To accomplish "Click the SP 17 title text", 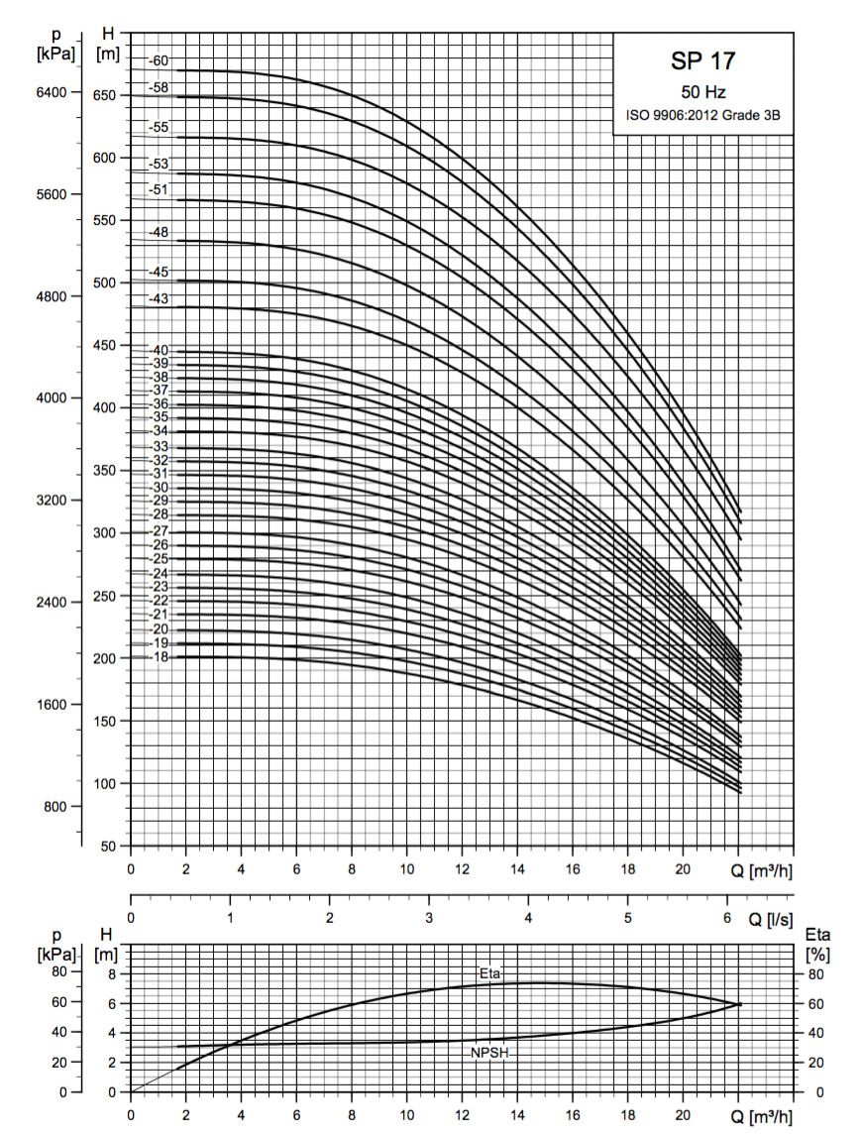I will click(x=702, y=61).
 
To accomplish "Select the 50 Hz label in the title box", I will click(x=702, y=92).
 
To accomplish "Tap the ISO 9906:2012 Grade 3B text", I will click(x=702, y=115).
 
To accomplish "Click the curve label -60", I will click(x=159, y=60).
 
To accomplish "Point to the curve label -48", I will click(x=159, y=232).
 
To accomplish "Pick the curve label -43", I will click(x=159, y=298).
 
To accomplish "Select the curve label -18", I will click(x=159, y=657).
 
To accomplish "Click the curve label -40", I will click(x=159, y=351).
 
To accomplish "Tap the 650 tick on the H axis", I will click(x=106, y=95).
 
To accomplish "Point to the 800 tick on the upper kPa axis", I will click(x=54, y=807).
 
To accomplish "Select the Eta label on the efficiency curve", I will click(x=489, y=974).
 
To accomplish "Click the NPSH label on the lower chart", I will click(x=489, y=1053).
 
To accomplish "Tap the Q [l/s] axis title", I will click(x=770, y=920).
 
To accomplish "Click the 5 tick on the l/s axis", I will click(x=627, y=918).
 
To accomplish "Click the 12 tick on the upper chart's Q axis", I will click(x=462, y=869).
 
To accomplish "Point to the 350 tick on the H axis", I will click(x=106, y=471).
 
